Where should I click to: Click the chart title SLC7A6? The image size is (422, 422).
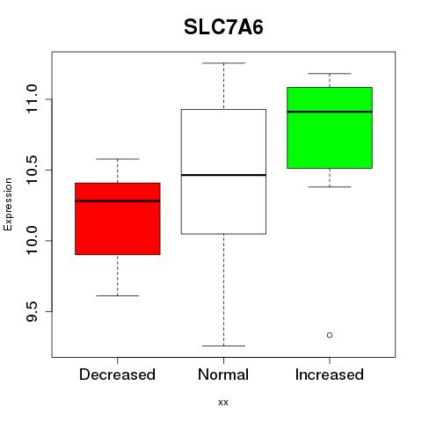(x=223, y=27)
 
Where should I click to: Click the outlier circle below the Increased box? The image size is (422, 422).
(x=330, y=335)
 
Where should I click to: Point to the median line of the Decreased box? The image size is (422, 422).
(x=118, y=201)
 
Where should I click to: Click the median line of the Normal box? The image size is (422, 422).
(x=223, y=175)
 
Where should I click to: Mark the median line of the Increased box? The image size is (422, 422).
(x=330, y=112)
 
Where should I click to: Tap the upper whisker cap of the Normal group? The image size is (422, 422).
(x=223, y=63)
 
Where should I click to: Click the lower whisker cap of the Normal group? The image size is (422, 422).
(x=223, y=346)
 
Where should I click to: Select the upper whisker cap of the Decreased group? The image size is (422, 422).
(x=118, y=159)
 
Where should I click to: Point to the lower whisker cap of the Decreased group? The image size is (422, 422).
(x=118, y=295)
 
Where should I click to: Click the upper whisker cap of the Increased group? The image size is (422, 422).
(x=330, y=74)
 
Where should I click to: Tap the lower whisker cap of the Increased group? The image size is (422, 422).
(x=330, y=186)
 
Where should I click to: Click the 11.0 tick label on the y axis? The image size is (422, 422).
(x=32, y=99)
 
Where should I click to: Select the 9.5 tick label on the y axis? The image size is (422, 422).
(x=32, y=311)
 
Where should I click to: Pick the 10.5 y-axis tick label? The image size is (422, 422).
(x=32, y=170)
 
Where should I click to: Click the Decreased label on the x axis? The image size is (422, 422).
(x=117, y=375)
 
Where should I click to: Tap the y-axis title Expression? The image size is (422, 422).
(x=8, y=204)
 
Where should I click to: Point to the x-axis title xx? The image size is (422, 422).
(x=223, y=403)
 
